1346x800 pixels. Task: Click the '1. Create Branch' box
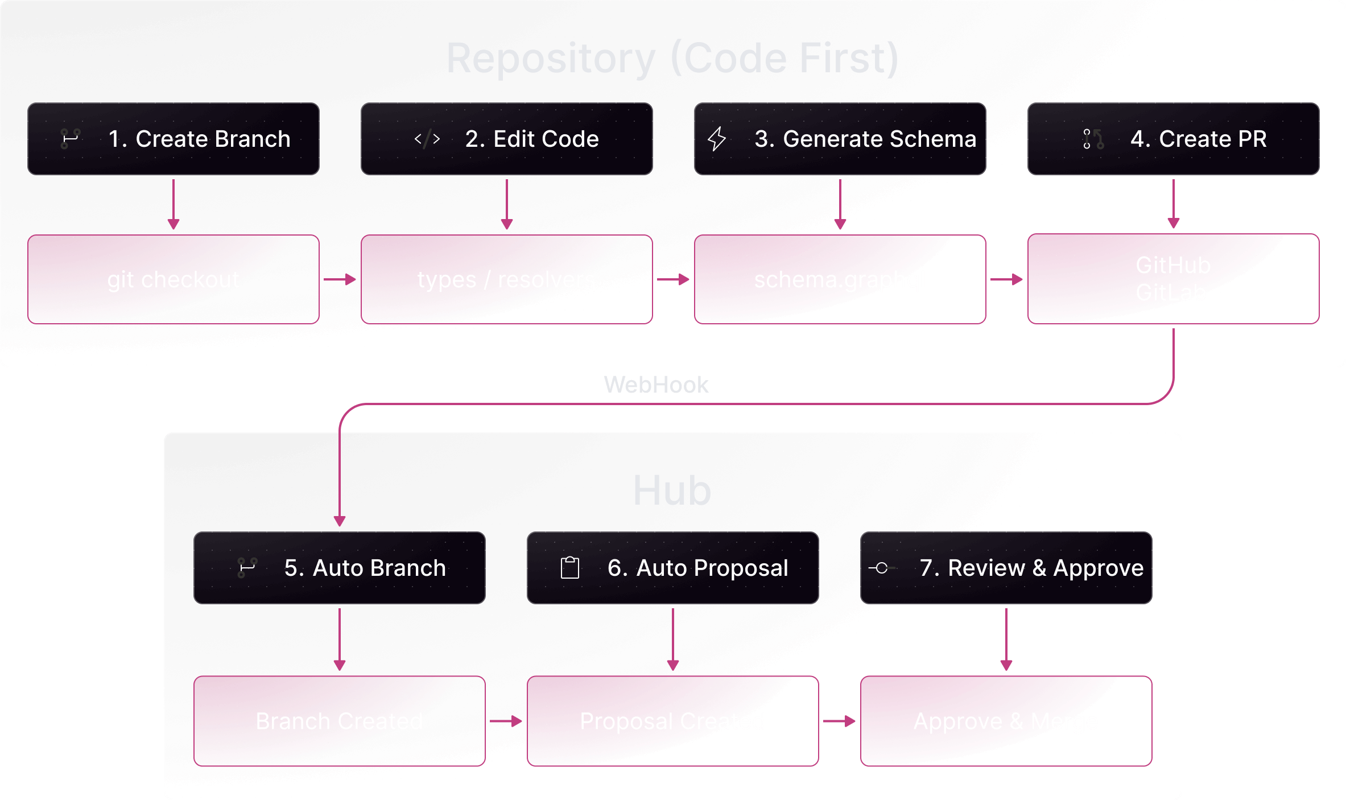pos(173,139)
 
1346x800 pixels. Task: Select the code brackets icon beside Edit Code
pos(427,139)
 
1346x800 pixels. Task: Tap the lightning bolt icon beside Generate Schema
pos(716,139)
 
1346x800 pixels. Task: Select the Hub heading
pos(672,490)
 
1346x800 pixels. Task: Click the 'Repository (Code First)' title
pos(672,59)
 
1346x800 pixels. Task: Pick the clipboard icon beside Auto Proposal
pos(569,568)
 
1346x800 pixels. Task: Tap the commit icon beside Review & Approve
pos(881,568)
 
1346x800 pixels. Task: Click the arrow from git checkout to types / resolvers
pos(340,279)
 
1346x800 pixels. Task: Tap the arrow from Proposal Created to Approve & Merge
pos(839,721)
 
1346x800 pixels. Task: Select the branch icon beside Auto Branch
pos(247,568)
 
